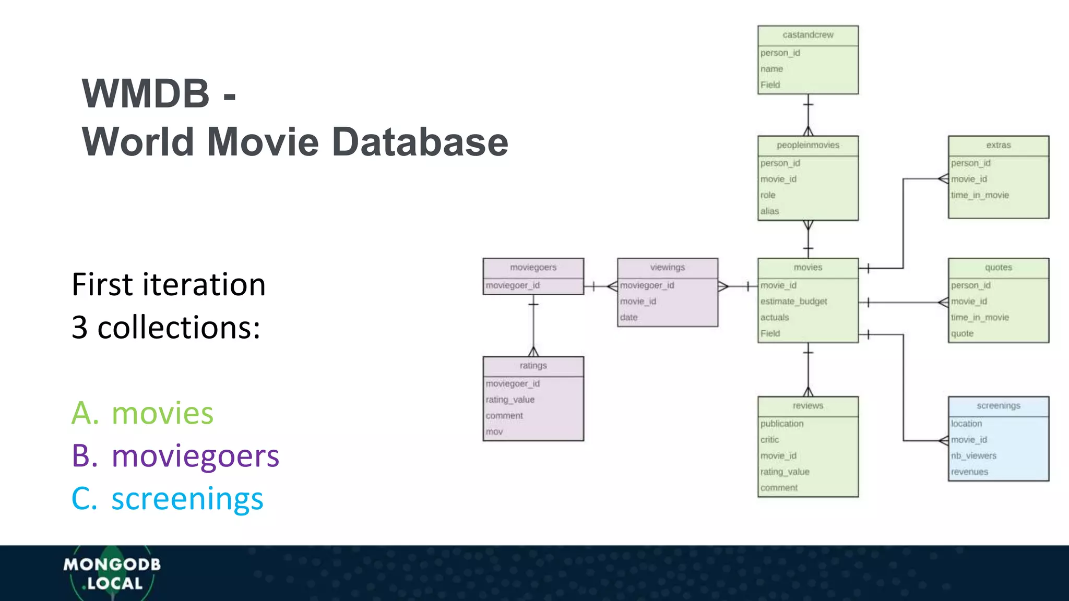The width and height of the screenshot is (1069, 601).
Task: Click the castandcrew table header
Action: click(807, 35)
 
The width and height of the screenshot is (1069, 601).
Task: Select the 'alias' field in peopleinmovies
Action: click(769, 211)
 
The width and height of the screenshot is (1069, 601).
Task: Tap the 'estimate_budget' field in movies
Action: click(793, 302)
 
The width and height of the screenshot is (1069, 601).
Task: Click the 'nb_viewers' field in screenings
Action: click(973, 456)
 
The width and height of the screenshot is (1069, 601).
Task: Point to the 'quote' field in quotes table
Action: click(962, 334)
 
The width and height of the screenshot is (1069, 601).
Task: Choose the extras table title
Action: click(998, 146)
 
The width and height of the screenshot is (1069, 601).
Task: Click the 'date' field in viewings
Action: click(629, 318)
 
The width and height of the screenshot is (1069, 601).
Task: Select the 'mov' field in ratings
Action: click(494, 432)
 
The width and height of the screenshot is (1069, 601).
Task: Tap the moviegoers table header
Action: click(533, 268)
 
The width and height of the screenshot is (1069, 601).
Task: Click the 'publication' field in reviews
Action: click(781, 424)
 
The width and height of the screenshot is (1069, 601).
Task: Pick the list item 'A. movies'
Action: click(142, 413)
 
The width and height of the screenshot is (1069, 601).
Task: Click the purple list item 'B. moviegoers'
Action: click(175, 456)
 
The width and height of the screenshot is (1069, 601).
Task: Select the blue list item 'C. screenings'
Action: click(167, 499)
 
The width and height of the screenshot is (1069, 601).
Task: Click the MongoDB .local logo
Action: click(112, 573)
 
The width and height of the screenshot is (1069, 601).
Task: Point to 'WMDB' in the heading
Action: click(146, 94)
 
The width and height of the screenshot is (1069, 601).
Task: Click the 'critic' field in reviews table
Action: click(769, 440)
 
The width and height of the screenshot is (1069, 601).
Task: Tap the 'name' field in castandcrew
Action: click(771, 69)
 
